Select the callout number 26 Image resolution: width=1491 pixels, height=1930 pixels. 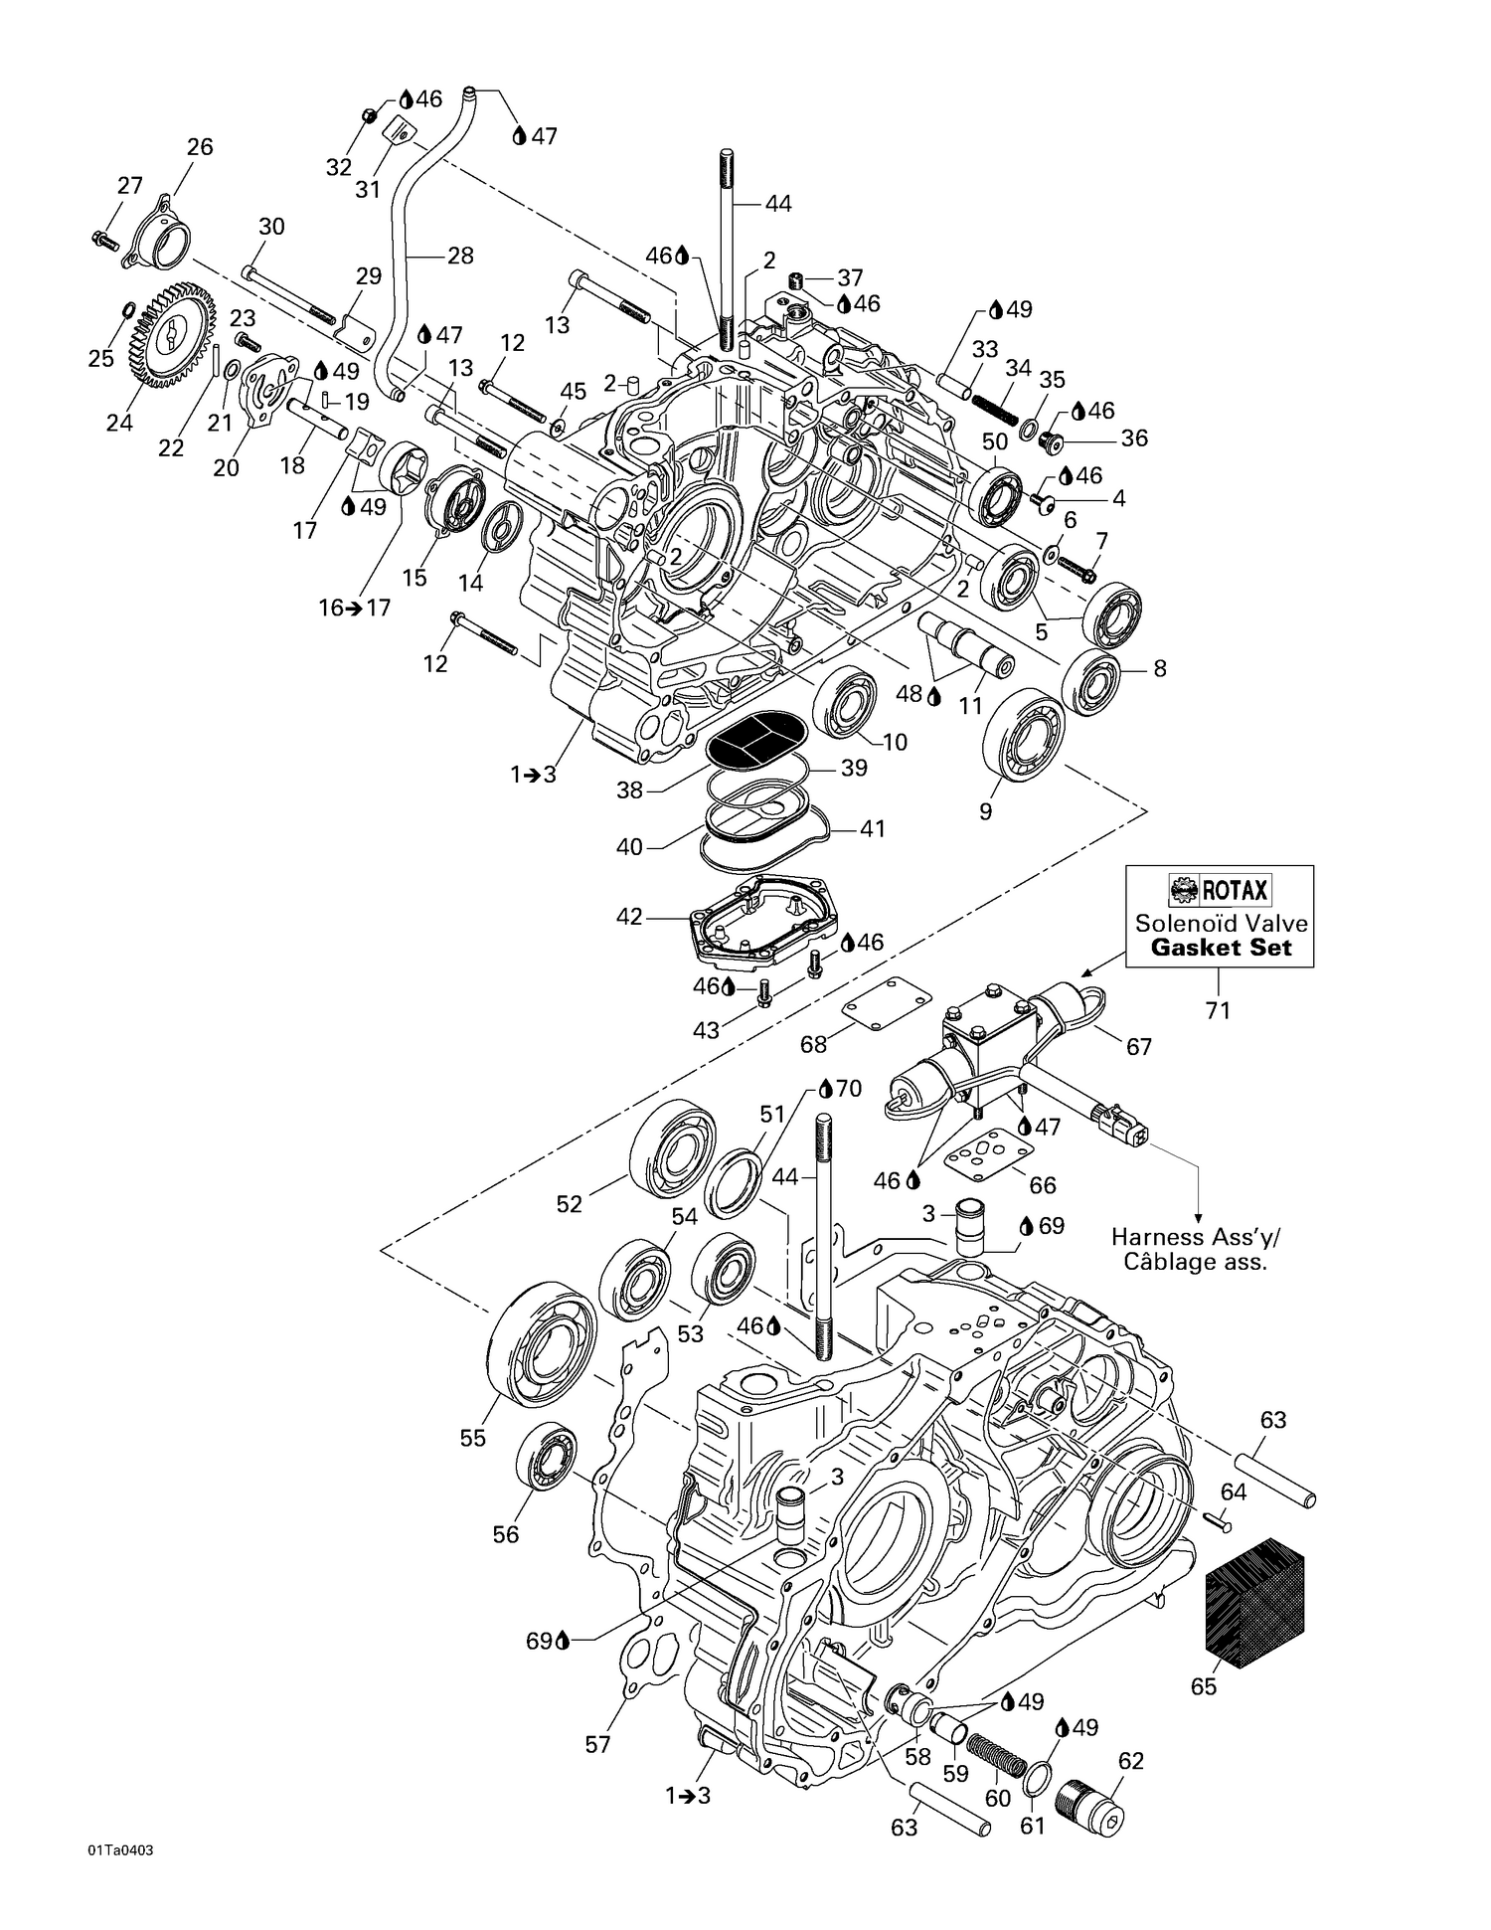pyautogui.click(x=200, y=147)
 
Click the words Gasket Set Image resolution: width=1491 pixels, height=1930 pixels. pyautogui.click(x=1221, y=948)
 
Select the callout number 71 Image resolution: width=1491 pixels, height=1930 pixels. pyautogui.click(x=1218, y=1011)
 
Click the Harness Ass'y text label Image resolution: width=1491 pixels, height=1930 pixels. pyautogui.click(x=1196, y=1238)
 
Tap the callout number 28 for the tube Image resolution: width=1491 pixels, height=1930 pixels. pyautogui.click(x=460, y=256)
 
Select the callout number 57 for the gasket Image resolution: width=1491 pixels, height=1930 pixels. pyautogui.click(x=597, y=1744)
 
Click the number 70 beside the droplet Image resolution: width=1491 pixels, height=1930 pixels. pyautogui.click(x=848, y=1088)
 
